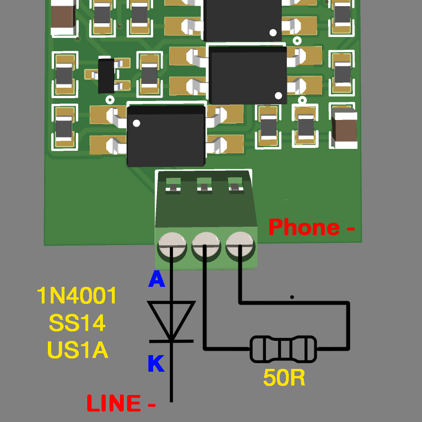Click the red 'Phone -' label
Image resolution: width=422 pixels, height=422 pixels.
(311, 228)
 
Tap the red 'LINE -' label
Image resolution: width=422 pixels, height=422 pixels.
(121, 404)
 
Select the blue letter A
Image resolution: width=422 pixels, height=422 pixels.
(156, 280)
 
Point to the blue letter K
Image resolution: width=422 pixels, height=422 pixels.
(156, 364)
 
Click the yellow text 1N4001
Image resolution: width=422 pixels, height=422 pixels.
(77, 296)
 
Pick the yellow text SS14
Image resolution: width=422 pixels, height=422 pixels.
(77, 323)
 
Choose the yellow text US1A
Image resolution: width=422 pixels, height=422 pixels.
(77, 350)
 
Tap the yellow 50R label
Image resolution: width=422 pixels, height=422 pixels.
(284, 377)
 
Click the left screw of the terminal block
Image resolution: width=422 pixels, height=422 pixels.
(172, 245)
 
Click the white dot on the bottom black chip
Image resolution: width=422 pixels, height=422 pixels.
(137, 124)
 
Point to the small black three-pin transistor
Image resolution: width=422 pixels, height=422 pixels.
(106, 76)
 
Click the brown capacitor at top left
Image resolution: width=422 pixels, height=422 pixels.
(63, 18)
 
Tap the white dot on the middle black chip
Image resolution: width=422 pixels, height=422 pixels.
(278, 95)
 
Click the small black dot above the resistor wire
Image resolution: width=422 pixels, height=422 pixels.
(292, 297)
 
